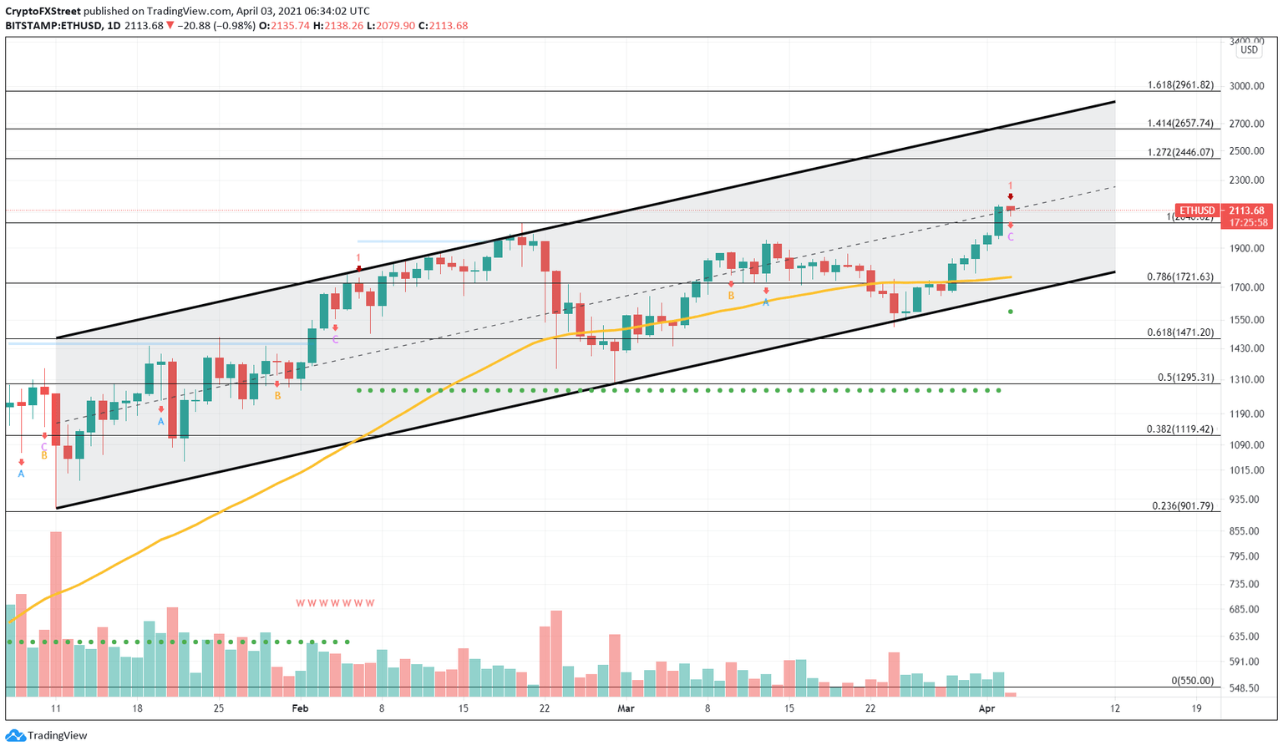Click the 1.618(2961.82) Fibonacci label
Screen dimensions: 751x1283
(1179, 85)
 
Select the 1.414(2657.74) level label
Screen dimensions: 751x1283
(1179, 123)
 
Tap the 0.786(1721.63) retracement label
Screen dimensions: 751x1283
(1179, 277)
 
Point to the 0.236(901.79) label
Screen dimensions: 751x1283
(1182, 505)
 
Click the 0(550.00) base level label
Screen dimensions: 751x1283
(1192, 681)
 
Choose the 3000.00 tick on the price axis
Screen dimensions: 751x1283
(1246, 86)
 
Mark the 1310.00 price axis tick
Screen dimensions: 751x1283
(1246, 379)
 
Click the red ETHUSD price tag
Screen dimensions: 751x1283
(1197, 211)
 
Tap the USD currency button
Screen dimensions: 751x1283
(1248, 50)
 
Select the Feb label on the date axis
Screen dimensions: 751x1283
(300, 708)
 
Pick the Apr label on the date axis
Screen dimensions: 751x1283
(986, 708)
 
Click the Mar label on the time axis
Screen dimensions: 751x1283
(626, 708)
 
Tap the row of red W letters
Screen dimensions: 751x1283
(335, 603)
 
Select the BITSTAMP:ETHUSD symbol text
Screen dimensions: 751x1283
(52, 26)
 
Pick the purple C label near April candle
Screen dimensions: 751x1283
(1011, 237)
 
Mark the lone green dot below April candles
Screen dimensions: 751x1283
(1011, 312)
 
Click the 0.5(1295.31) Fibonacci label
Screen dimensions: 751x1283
(1185, 378)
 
